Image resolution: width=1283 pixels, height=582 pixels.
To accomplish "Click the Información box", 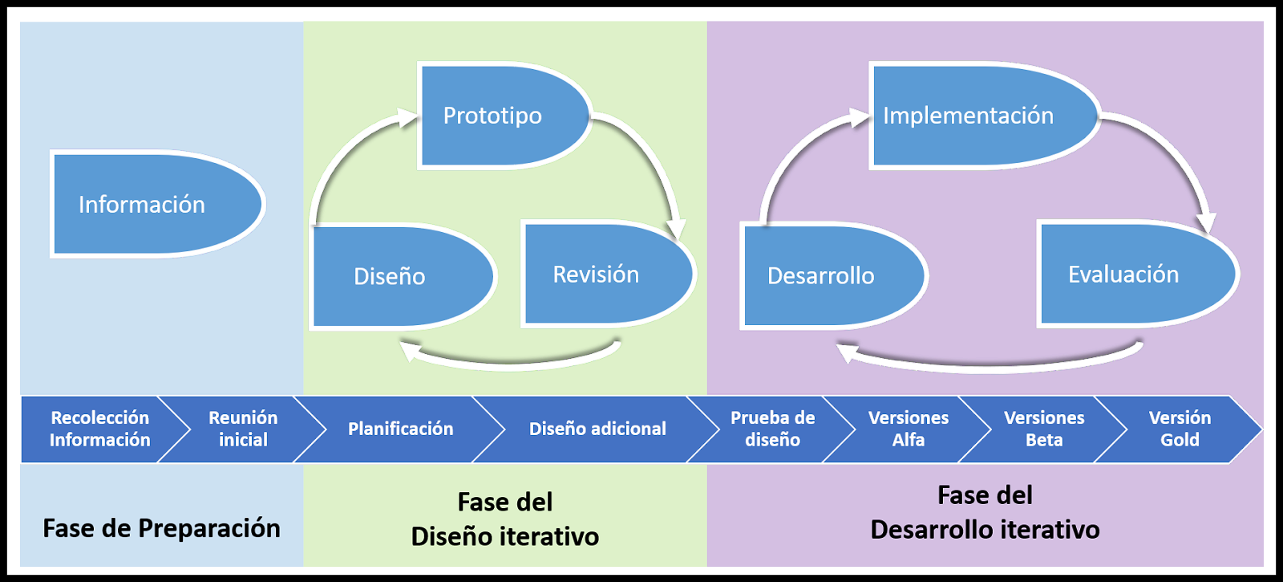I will [152, 204].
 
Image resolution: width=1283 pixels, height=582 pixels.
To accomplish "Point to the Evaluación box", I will [1131, 274].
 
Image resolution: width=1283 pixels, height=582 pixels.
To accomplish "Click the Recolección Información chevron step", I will [99, 429].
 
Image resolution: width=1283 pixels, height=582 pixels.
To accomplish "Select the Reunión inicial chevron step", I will [243, 429].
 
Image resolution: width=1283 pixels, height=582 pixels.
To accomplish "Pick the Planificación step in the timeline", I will [400, 429].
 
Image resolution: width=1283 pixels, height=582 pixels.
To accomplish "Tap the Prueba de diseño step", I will [772, 429].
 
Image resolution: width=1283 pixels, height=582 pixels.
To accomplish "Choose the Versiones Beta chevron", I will [1044, 429].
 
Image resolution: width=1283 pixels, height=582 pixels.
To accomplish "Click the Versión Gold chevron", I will [1180, 429].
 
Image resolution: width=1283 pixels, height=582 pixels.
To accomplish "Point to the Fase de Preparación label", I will [161, 528].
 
